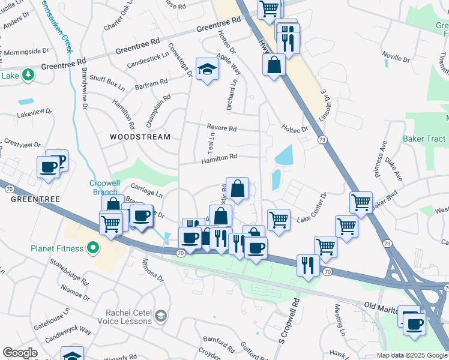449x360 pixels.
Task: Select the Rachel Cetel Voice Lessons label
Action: pos(121,316)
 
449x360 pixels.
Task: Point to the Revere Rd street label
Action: pos(222,128)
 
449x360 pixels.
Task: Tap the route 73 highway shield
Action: pos(322,139)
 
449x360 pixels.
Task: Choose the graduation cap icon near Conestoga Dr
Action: pos(207,70)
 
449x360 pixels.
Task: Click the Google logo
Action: pos(20,353)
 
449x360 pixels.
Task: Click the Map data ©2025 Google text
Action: pos(412,355)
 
